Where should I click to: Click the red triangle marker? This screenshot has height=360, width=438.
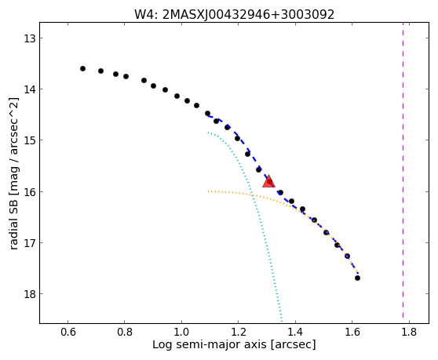pyautogui.click(x=268, y=181)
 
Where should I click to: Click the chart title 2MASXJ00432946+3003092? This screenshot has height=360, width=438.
pyautogui.click(x=248, y=14)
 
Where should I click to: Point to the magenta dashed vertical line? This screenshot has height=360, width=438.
pyautogui.click(x=403, y=170)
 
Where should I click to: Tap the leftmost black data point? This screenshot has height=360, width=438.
pyautogui.click(x=82, y=69)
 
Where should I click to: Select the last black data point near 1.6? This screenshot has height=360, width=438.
pyautogui.click(x=357, y=278)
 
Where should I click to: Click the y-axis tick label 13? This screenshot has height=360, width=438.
pyautogui.click(x=29, y=38)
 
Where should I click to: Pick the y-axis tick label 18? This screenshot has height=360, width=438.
pyautogui.click(x=29, y=294)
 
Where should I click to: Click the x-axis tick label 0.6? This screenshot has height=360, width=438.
pyautogui.click(x=68, y=333)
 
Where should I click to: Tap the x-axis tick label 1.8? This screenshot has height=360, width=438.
pyautogui.click(x=409, y=333)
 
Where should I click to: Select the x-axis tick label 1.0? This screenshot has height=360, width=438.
pyautogui.click(x=181, y=333)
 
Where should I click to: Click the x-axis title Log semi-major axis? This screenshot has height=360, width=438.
pyautogui.click(x=210, y=345)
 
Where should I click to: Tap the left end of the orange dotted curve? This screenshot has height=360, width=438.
pyautogui.click(x=208, y=191)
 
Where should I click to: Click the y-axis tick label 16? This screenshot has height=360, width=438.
pyautogui.click(x=29, y=192)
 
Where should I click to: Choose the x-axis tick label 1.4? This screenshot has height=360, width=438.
pyautogui.click(x=295, y=333)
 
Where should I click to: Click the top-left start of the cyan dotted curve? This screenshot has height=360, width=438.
pyautogui.click(x=208, y=133)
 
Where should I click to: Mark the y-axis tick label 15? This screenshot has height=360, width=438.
pyautogui.click(x=29, y=140)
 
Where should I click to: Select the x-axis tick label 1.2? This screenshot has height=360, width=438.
pyautogui.click(x=239, y=333)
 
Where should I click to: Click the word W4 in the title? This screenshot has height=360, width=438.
pyautogui.click(x=145, y=14)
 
